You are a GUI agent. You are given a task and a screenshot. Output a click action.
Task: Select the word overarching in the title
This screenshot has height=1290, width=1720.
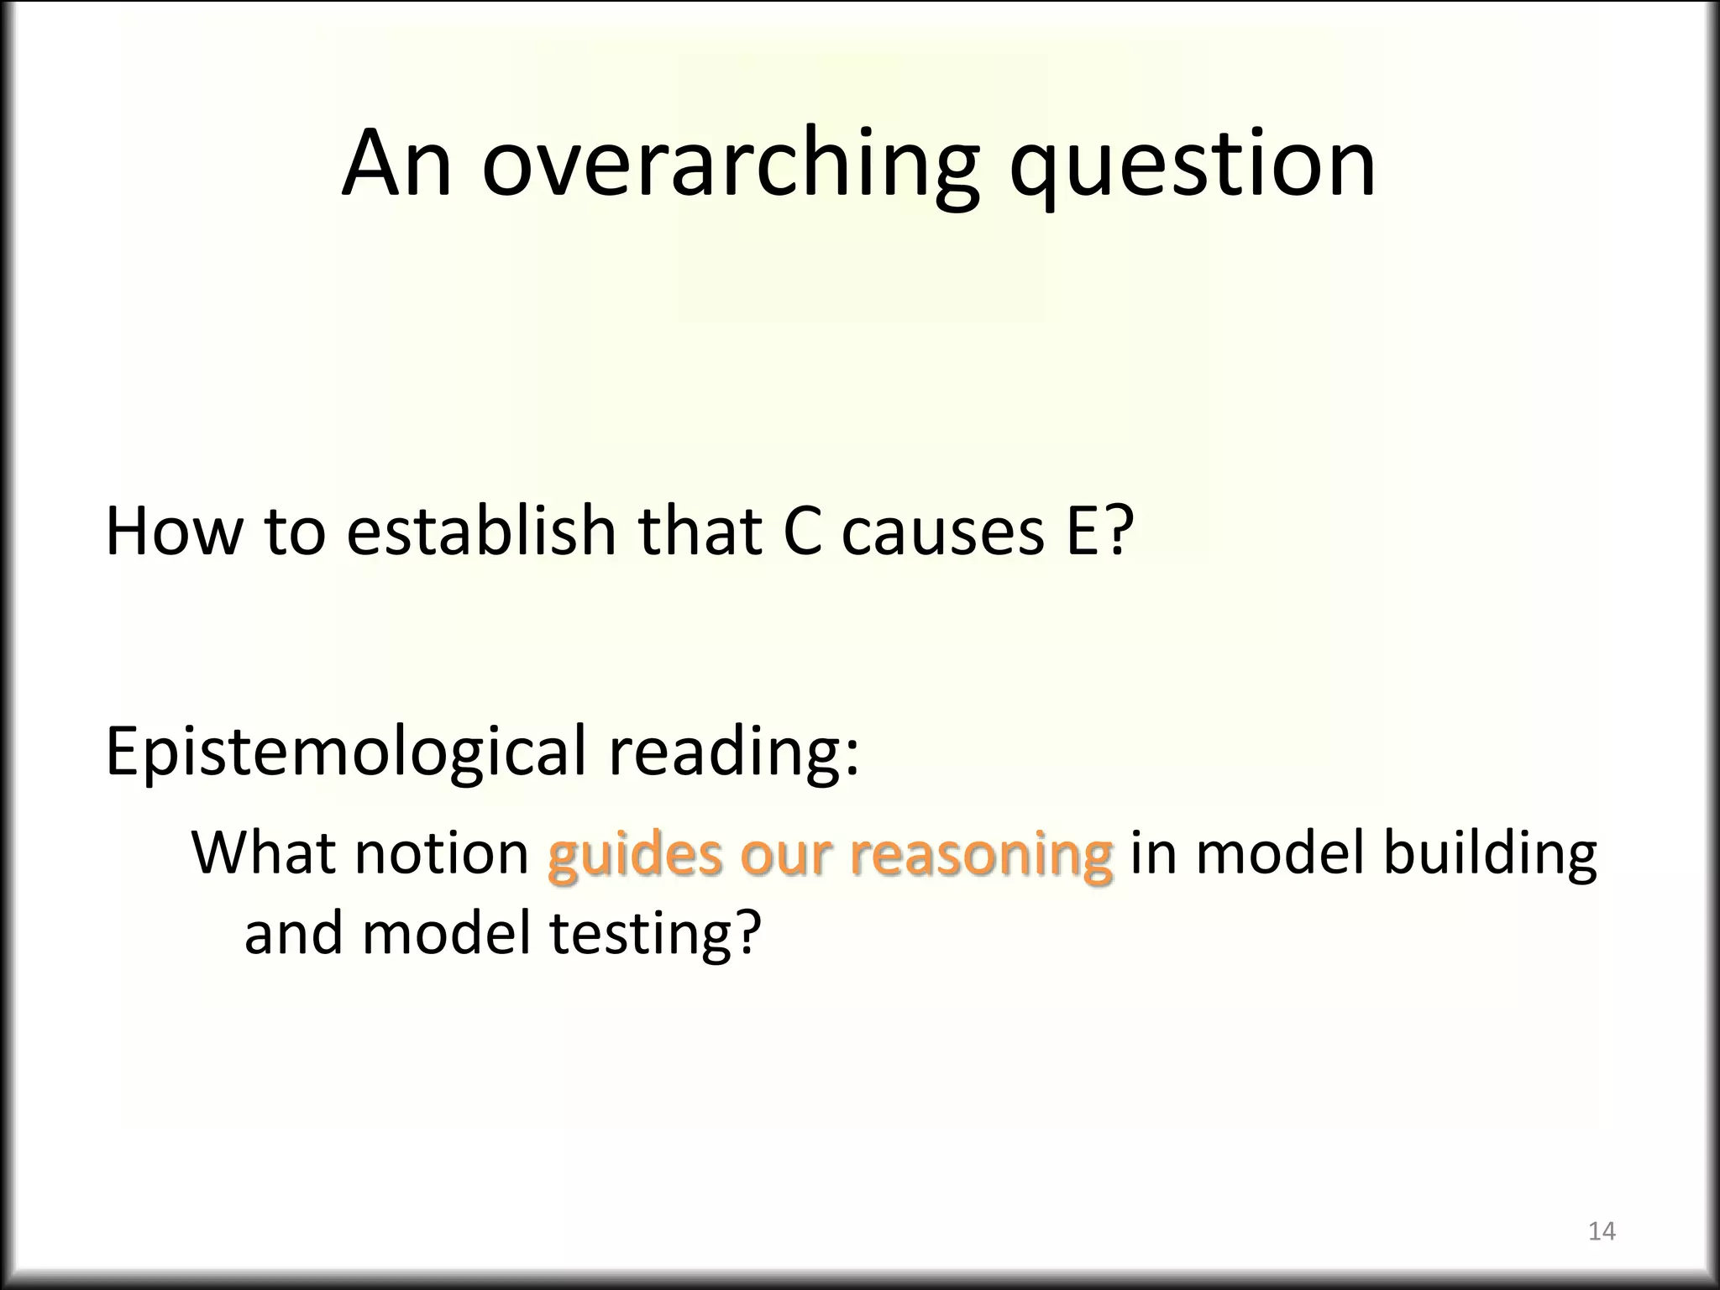[730, 165]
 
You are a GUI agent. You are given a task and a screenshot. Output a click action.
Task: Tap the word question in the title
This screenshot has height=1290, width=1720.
[1192, 165]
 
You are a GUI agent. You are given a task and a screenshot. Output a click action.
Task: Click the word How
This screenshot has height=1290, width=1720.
[173, 531]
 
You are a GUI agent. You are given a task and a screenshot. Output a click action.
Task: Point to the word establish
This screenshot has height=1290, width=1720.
[481, 531]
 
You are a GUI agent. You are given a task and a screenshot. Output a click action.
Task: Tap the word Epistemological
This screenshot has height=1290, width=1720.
[344, 752]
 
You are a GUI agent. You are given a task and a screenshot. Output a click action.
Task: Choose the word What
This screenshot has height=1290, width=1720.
[265, 853]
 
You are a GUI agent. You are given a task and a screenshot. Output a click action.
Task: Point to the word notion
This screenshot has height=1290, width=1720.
[441, 853]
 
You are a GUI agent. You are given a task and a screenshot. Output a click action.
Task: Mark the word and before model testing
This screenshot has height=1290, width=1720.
[293, 932]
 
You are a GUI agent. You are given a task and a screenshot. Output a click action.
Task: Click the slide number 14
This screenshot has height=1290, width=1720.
[1602, 1231]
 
